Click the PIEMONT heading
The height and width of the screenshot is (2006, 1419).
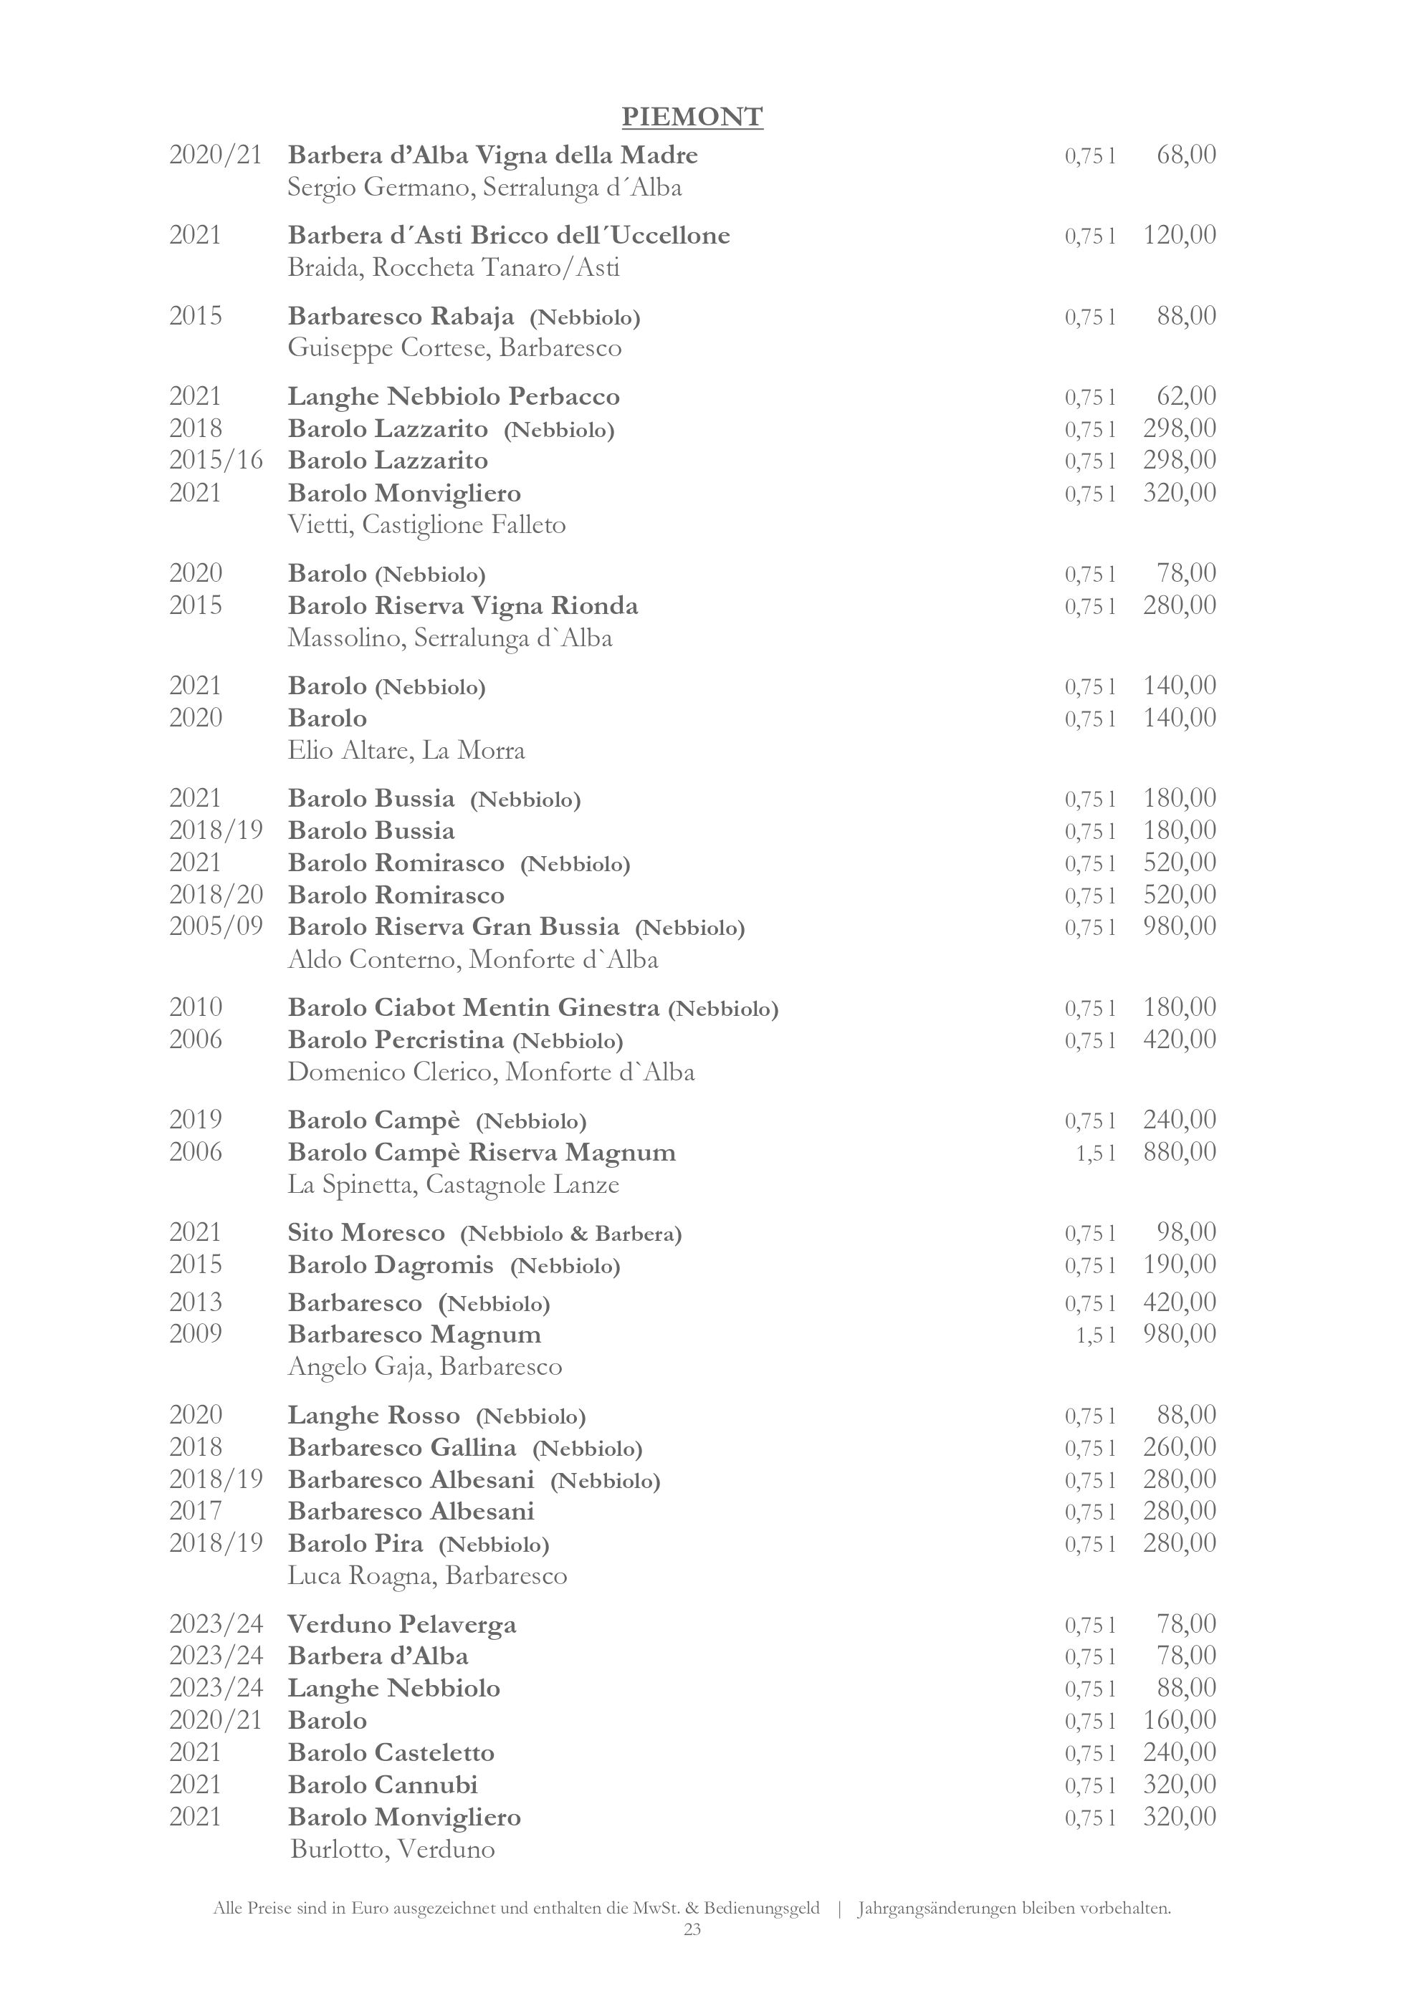692,116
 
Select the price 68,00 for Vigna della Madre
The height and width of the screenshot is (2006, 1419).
1185,155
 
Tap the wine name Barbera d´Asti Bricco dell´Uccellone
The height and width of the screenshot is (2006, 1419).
509,236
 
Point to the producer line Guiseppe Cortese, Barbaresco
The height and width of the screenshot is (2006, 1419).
454,349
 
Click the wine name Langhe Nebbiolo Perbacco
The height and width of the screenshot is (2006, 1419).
454,397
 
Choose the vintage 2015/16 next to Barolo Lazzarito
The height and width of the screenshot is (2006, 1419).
216,461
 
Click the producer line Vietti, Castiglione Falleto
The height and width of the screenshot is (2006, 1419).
426,525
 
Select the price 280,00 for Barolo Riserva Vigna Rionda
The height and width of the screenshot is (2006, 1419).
1179,605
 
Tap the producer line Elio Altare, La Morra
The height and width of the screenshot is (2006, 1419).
406,751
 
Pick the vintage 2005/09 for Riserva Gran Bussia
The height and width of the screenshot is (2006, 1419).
216,927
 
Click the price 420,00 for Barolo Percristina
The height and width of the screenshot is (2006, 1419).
1179,1040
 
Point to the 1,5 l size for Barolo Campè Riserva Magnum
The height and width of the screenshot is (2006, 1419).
1096,1153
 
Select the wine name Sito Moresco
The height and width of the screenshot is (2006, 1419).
366,1233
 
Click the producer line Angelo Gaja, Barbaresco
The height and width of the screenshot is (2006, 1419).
425,1366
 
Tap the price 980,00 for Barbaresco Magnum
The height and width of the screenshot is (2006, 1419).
1179,1334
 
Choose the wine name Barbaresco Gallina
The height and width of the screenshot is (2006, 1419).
402,1448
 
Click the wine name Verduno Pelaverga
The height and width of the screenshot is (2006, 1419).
402,1625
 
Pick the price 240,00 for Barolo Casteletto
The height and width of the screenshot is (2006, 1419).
1179,1752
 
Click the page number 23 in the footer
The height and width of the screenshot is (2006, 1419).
692,1930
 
